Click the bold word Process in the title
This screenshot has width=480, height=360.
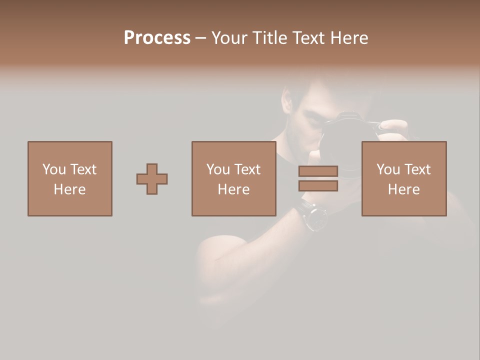pos(157,38)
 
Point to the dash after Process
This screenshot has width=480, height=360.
pos(200,38)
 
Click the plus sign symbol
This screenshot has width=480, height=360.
pos(152,179)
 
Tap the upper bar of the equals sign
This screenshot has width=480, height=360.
pos(318,171)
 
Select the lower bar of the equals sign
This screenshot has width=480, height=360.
pos(318,186)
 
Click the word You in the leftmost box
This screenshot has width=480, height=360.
pos(54,169)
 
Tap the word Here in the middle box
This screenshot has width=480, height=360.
pos(233,189)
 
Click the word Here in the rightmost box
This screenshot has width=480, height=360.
pos(403,189)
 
